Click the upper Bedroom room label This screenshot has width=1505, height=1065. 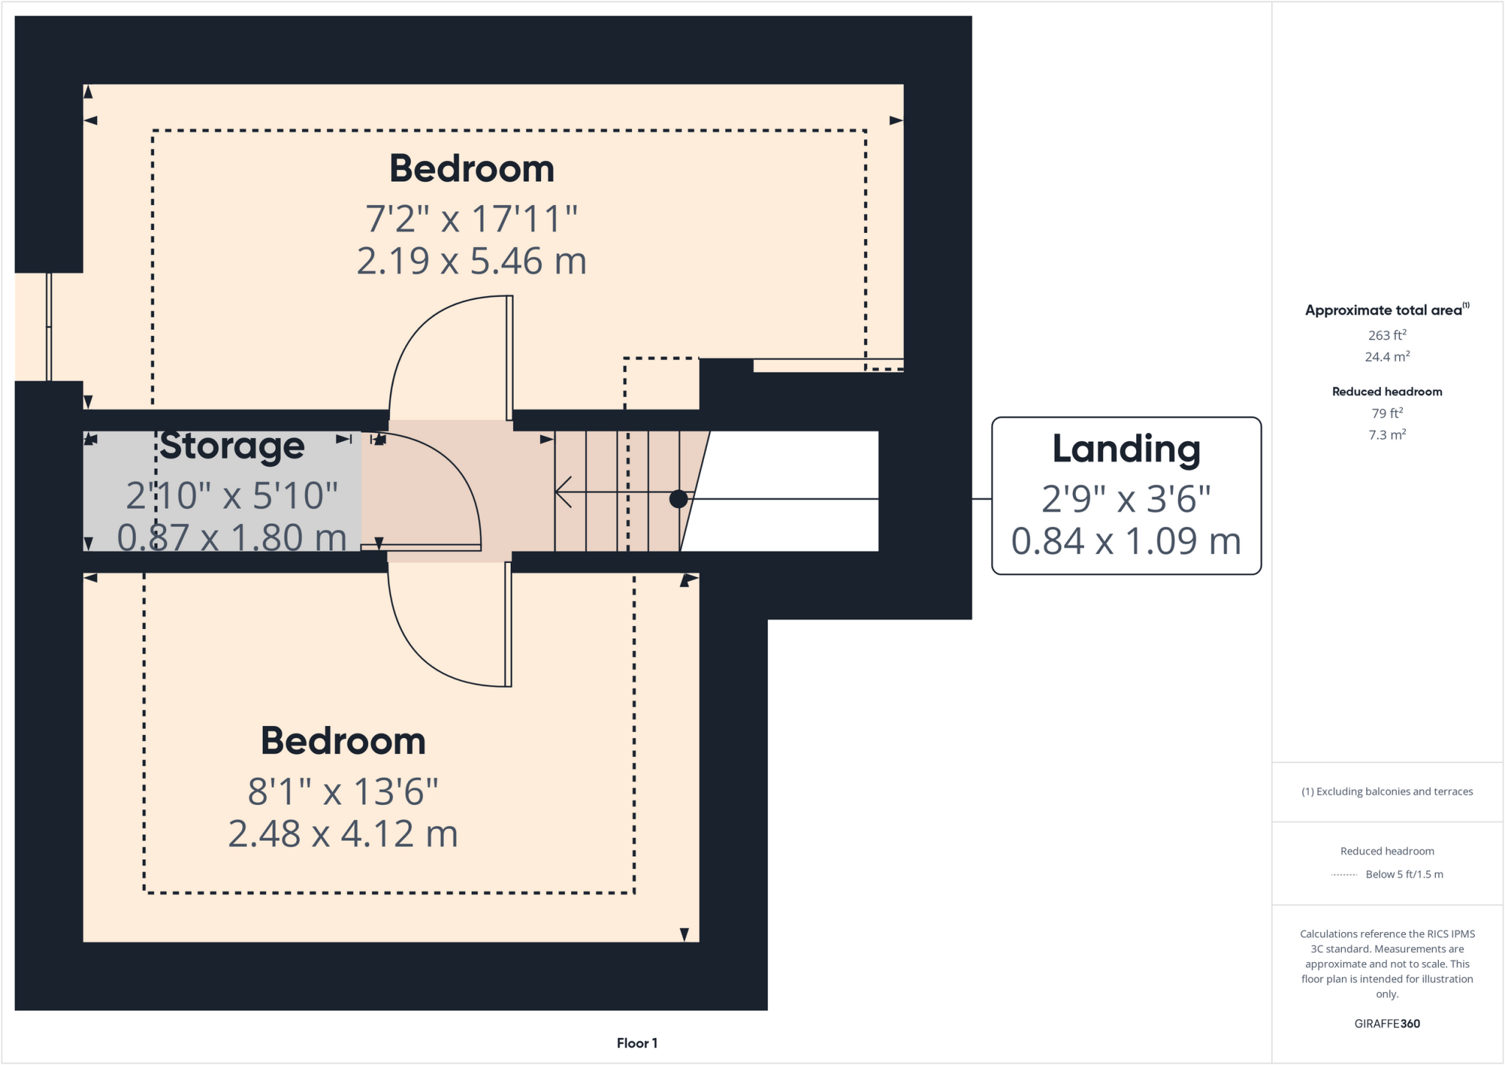(x=471, y=169)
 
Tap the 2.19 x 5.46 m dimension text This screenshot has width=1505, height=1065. (x=471, y=262)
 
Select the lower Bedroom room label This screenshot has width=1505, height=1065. (x=343, y=741)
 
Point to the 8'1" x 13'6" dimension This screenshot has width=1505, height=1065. (x=343, y=792)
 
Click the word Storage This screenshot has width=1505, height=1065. (x=232, y=446)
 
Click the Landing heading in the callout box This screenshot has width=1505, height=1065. (x=1126, y=449)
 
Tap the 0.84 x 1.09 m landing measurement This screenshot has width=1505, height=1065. (x=1126, y=542)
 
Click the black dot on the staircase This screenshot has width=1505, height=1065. (x=678, y=499)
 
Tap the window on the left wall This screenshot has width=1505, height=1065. (x=49, y=327)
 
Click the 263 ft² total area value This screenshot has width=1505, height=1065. (x=1387, y=335)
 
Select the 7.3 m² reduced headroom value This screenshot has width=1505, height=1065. (x=1387, y=435)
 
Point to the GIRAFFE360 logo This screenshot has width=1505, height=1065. (x=1387, y=1023)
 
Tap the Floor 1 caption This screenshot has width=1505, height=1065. (x=636, y=1043)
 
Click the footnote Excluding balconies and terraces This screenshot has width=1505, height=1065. (x=1387, y=792)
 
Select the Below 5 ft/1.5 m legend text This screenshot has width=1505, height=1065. (x=1404, y=874)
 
